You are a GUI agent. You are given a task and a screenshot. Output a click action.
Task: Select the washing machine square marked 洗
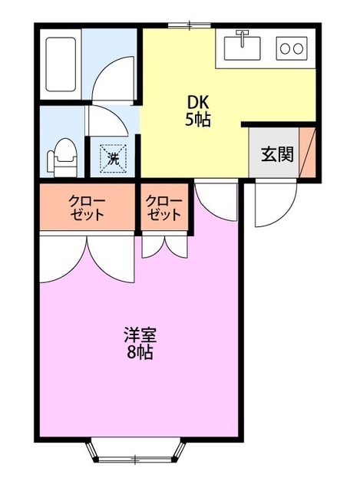tap(113, 159)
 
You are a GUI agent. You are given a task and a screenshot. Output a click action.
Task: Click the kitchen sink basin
tap(243, 49)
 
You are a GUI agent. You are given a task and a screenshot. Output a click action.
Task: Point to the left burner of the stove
tap(286, 48)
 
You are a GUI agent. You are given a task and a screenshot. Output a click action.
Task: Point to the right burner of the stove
tap(299, 48)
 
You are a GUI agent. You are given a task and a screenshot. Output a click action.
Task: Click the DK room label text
tap(197, 102)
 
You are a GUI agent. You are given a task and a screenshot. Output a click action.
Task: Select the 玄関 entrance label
tap(277, 153)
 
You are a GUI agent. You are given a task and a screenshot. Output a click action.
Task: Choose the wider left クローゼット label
tap(87, 207)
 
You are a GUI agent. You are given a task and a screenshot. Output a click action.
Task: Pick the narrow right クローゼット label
tap(165, 207)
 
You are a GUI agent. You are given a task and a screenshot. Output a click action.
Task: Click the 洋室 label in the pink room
tap(140, 335)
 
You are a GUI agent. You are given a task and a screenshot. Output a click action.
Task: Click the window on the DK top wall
tap(189, 25)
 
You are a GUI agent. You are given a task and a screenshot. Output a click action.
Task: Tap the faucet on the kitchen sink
tap(243, 35)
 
